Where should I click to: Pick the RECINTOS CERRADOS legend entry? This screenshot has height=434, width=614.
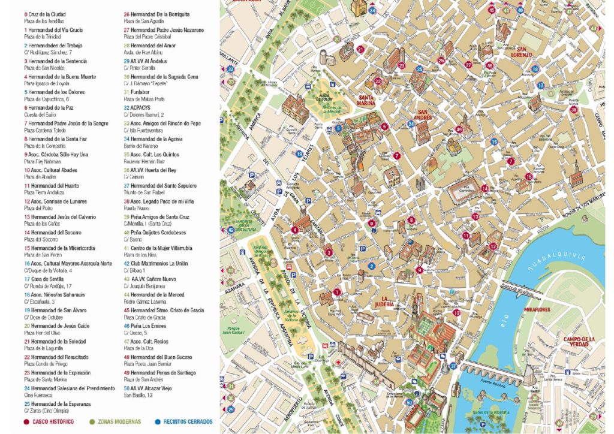coord(186,421)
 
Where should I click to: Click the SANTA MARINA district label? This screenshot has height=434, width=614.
coord(366,100)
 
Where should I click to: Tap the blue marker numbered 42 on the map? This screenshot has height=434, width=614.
coord(230,230)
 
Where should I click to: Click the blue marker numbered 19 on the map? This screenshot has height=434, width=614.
coord(299,155)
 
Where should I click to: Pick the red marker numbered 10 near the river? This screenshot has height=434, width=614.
coord(456,312)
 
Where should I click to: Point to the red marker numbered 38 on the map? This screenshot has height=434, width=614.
coord(574,110)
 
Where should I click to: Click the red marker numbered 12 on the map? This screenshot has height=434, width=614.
coord(492,246)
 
